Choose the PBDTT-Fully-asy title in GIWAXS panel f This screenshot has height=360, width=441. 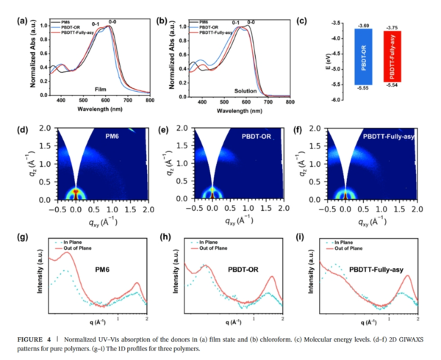(390, 137)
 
